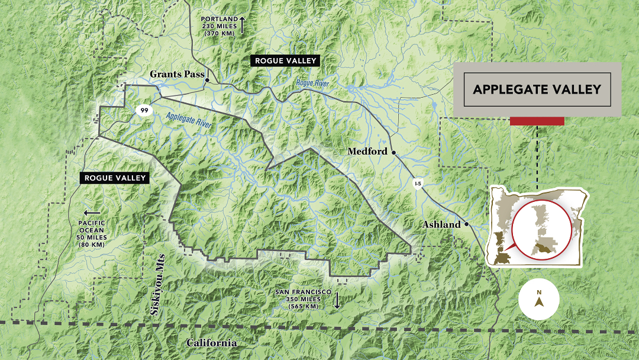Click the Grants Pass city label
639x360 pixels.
(x=176, y=75)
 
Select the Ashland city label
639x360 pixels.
(x=441, y=225)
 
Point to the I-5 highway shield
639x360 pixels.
(x=418, y=184)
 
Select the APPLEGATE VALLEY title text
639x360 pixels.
(x=537, y=89)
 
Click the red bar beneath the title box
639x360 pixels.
(x=537, y=121)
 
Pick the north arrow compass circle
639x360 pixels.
(x=539, y=299)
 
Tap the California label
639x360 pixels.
(x=211, y=343)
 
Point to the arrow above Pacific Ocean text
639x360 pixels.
(x=92, y=213)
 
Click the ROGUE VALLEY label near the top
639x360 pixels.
(x=286, y=60)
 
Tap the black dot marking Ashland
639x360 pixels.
(x=466, y=224)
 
